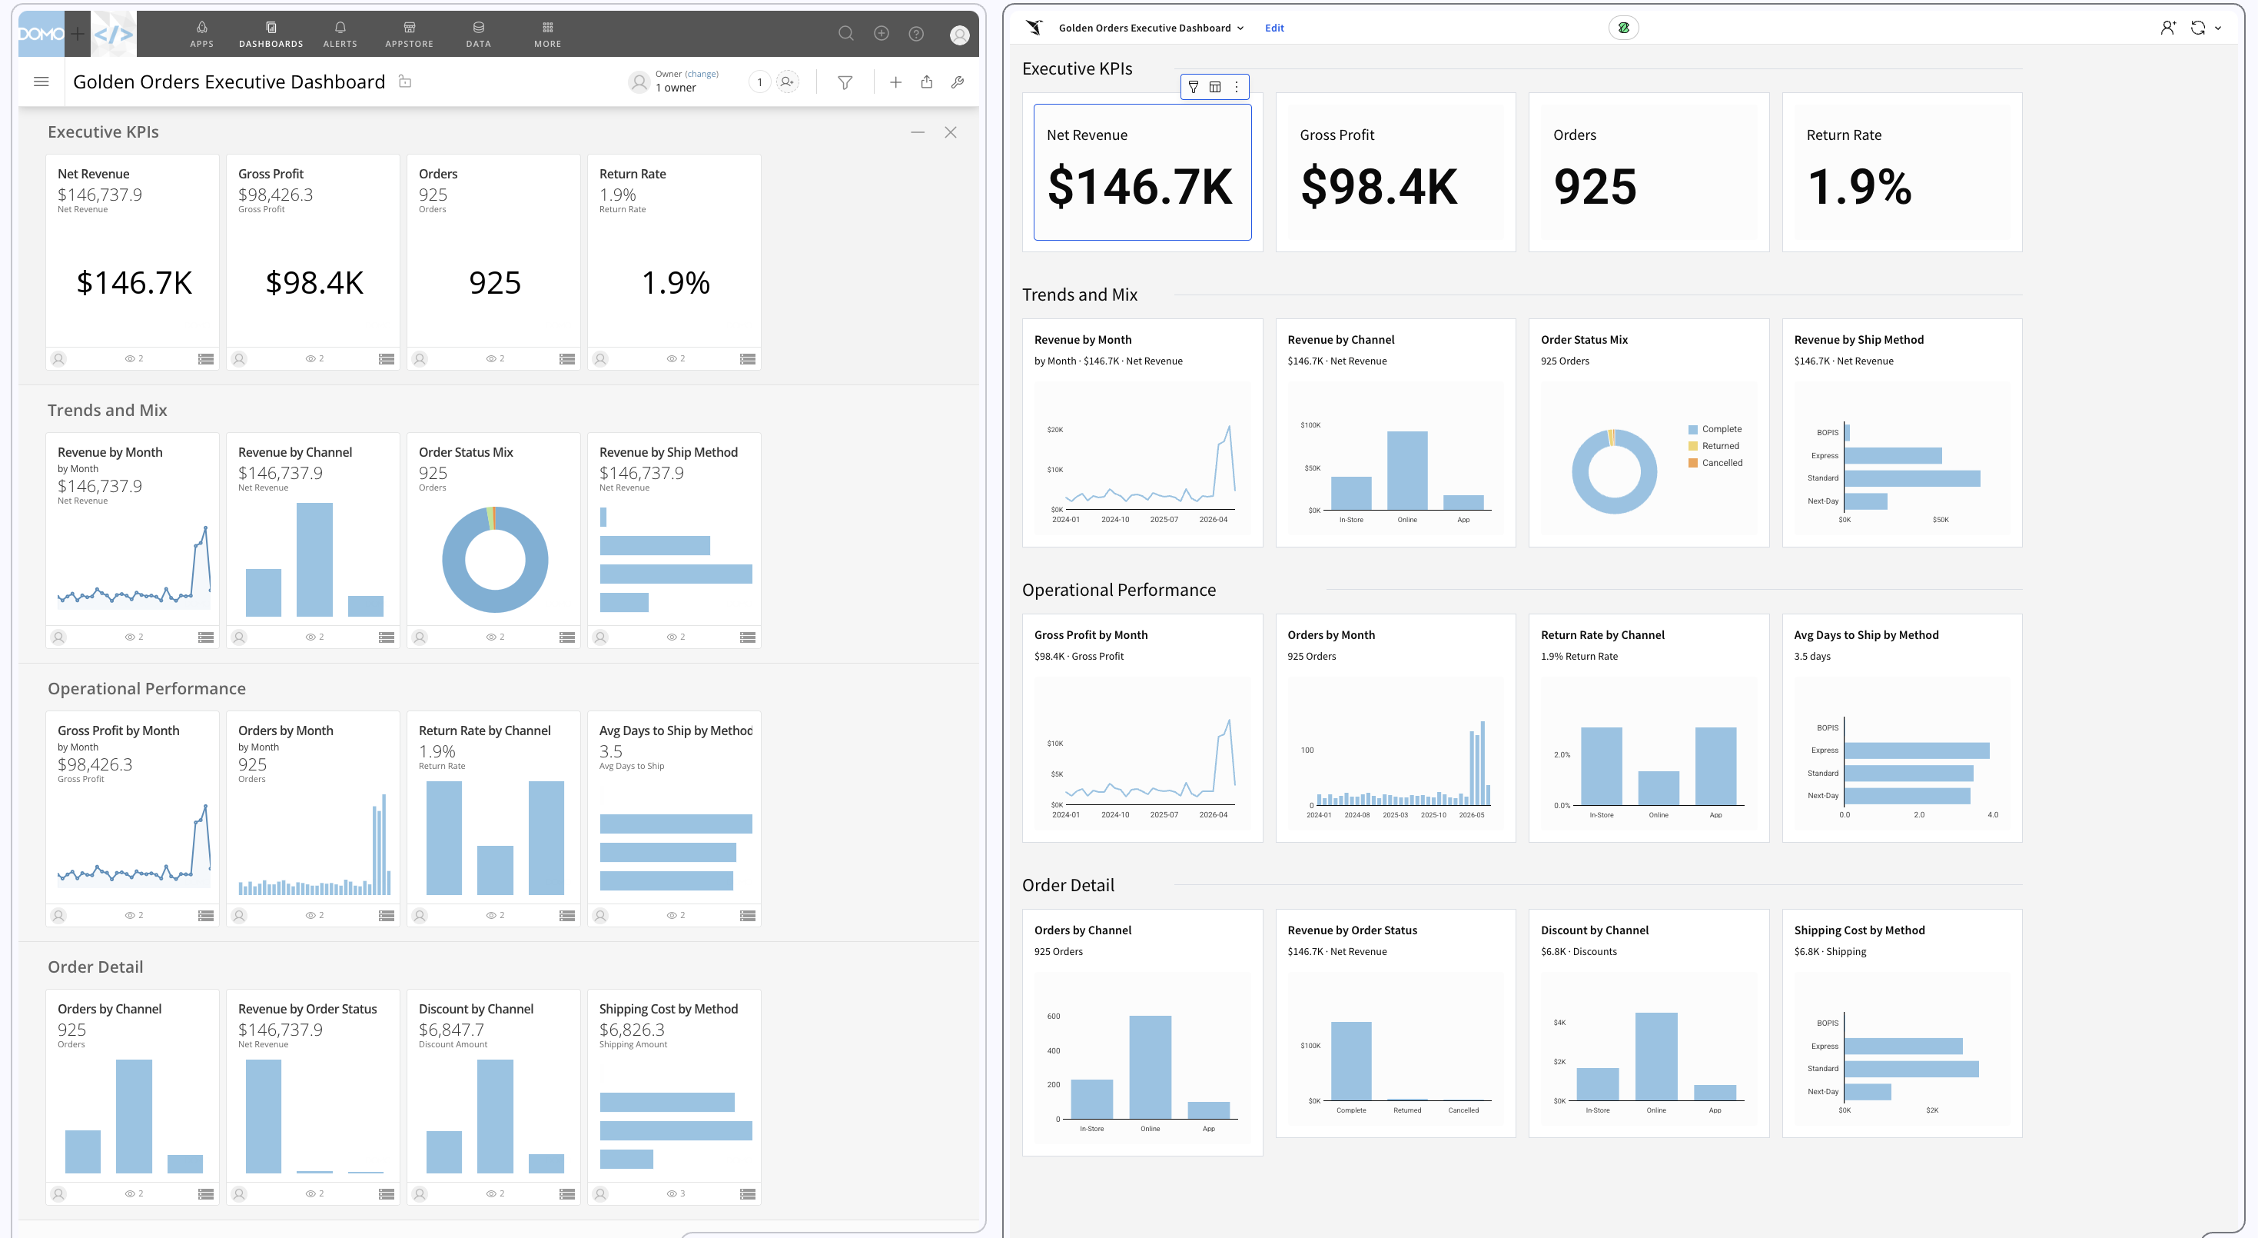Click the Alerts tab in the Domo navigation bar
coord(340,34)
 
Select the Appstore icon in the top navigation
coord(410,27)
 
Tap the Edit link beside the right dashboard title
coord(1273,28)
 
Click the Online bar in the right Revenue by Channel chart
coord(1407,470)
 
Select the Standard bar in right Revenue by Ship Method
coord(1913,478)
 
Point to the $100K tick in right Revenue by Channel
coord(1310,425)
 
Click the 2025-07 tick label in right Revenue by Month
coord(1164,520)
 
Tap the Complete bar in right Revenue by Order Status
coord(1351,1061)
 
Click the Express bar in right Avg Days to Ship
coord(1917,750)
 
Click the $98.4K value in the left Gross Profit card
coord(314,282)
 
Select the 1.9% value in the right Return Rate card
coord(1859,187)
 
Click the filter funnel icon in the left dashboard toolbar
coord(845,82)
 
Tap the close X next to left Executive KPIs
coord(950,132)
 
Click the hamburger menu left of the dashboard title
coord(40,82)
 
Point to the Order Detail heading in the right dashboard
coord(1068,884)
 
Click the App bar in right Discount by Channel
coord(1715,1093)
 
